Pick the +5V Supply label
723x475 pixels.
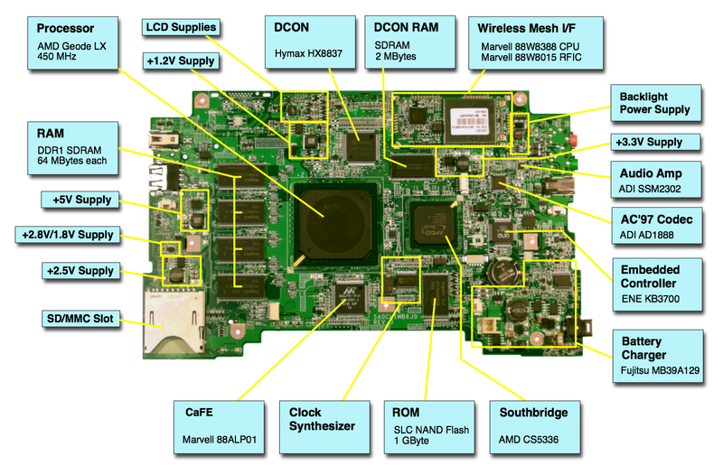click(x=80, y=199)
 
